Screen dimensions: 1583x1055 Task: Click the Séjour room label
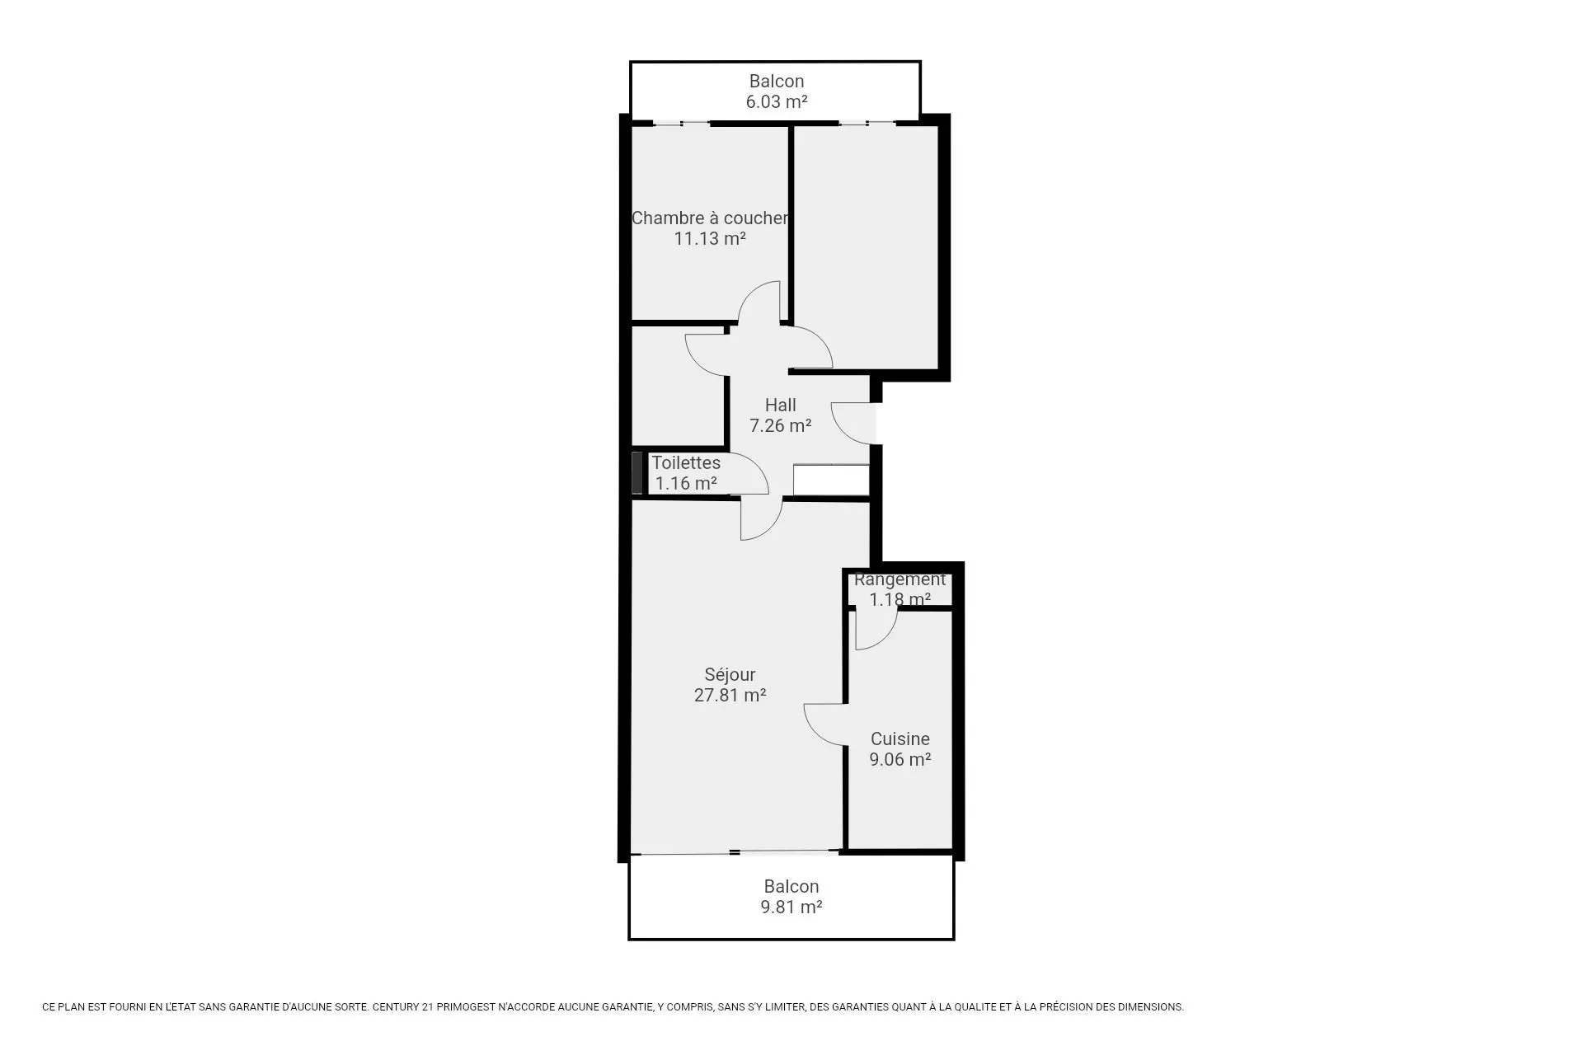coord(730,674)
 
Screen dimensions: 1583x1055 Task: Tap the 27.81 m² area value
coord(730,695)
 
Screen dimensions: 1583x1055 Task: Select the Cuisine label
coord(900,738)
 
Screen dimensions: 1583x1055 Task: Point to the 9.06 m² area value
coord(900,759)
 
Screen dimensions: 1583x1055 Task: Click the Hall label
coord(780,405)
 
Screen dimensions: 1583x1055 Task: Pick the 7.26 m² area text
coord(780,425)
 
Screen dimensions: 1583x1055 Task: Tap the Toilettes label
coord(686,462)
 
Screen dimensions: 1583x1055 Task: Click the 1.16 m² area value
coord(686,483)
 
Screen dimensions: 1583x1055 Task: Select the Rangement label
coord(900,579)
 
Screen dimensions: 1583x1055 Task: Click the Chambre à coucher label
coord(710,218)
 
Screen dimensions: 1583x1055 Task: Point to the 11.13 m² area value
coord(710,238)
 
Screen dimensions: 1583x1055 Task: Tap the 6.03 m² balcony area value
coord(776,101)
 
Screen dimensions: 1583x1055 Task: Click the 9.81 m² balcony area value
coord(791,907)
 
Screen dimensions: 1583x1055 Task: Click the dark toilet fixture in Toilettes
coord(636,473)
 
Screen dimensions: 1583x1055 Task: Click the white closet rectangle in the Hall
coord(831,481)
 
